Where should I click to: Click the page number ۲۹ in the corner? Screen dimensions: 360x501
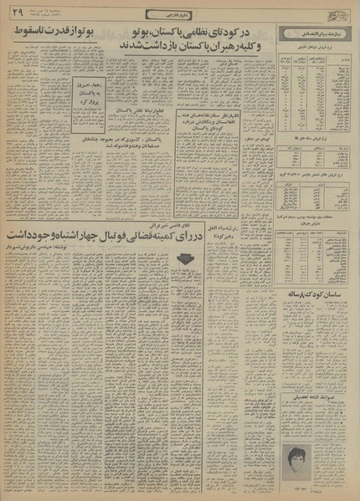point(18,9)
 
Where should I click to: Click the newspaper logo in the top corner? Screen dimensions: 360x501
point(339,14)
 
